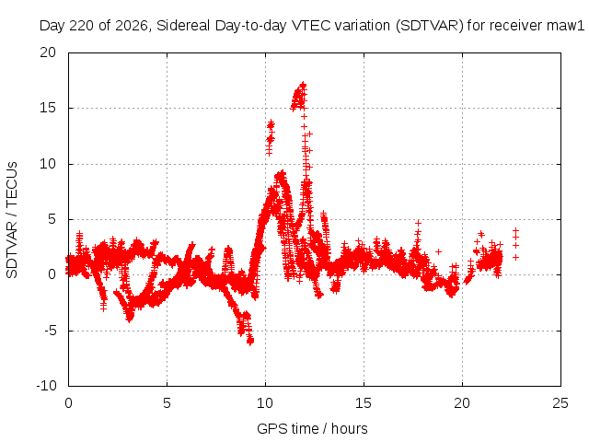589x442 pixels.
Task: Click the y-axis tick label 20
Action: click(x=48, y=52)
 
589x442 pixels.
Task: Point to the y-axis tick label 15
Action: click(x=48, y=108)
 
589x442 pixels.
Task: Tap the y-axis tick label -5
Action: click(x=50, y=331)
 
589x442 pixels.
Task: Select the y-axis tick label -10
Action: click(x=46, y=386)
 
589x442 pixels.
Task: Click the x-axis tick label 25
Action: click(x=560, y=403)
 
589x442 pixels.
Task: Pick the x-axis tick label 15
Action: click(x=364, y=403)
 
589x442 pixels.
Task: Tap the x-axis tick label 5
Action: click(x=167, y=403)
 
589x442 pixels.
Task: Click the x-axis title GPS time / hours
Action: click(x=312, y=428)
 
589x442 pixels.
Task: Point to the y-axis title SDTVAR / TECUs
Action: click(x=12, y=220)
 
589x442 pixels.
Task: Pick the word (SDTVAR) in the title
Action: click(x=430, y=26)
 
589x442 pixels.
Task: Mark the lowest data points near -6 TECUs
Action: click(x=250, y=341)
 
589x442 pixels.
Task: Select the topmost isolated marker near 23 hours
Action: click(x=515, y=230)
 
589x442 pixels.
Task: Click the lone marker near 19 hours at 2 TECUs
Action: click(x=438, y=251)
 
